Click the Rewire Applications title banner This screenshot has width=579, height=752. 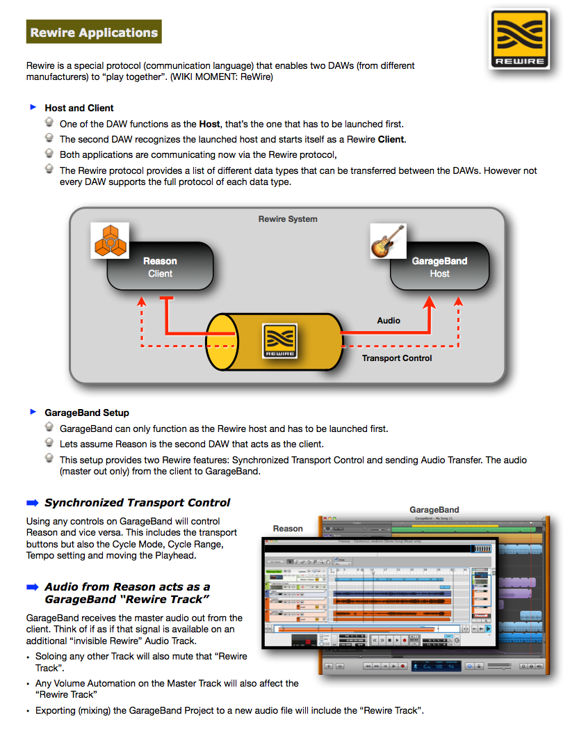[94, 32]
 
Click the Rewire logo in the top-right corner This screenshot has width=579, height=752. [519, 39]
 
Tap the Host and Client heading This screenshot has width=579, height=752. [79, 108]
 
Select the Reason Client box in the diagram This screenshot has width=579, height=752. [160, 267]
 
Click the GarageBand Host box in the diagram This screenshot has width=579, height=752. [439, 267]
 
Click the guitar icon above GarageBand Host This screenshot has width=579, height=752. [388, 241]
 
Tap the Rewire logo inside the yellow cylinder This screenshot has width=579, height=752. [280, 340]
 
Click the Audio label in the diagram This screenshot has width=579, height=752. [389, 321]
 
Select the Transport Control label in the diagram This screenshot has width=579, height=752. [397, 358]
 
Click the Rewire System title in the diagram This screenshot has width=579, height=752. [288, 219]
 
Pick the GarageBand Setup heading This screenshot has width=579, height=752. [86, 413]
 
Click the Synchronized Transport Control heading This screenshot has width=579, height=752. [137, 503]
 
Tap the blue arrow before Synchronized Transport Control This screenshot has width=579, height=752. [33, 503]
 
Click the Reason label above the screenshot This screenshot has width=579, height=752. [288, 529]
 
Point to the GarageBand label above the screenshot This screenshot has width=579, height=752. [434, 510]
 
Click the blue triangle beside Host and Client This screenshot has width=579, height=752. [33, 107]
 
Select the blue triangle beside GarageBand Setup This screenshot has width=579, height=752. [33, 412]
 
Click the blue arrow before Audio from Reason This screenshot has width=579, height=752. [33, 587]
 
